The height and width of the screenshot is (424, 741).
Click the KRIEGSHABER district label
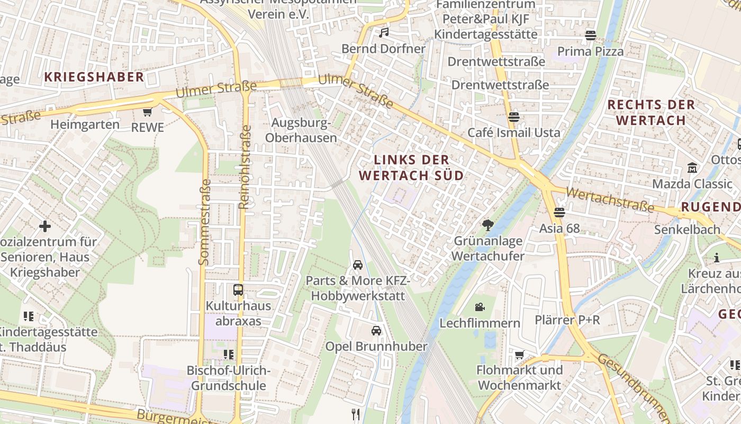coord(94,77)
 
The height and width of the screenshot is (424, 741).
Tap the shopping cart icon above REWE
coord(147,112)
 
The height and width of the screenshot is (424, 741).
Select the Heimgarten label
coord(85,125)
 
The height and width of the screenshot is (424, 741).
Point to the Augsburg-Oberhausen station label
coord(301,130)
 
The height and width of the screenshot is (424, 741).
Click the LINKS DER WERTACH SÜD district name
coord(411,167)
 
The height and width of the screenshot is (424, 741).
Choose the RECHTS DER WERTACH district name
coord(650,112)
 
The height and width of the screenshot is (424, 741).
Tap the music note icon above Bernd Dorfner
coord(384,33)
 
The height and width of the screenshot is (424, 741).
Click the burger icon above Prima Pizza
coord(591,36)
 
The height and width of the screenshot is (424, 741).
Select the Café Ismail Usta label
coord(513,132)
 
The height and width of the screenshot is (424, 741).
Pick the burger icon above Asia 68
coord(559,213)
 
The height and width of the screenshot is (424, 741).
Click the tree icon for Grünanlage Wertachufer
coord(487,225)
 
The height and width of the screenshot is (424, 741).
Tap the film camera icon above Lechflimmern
coord(480,307)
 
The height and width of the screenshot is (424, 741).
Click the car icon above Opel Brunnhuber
coord(376,331)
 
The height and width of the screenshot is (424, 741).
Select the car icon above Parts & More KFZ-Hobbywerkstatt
coord(358,264)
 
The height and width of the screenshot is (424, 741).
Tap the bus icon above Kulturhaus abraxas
coord(238,290)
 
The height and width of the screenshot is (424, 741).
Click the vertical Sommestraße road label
coord(204,222)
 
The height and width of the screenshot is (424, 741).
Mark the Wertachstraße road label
coord(610,199)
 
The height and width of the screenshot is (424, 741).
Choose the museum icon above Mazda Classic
coord(692,168)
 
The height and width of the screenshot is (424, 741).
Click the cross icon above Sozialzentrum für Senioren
coord(45,226)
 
